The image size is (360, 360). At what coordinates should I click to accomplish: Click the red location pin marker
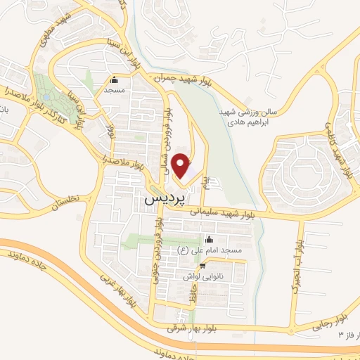click(183, 167)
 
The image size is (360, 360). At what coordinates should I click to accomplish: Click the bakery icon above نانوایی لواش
click(203, 265)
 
